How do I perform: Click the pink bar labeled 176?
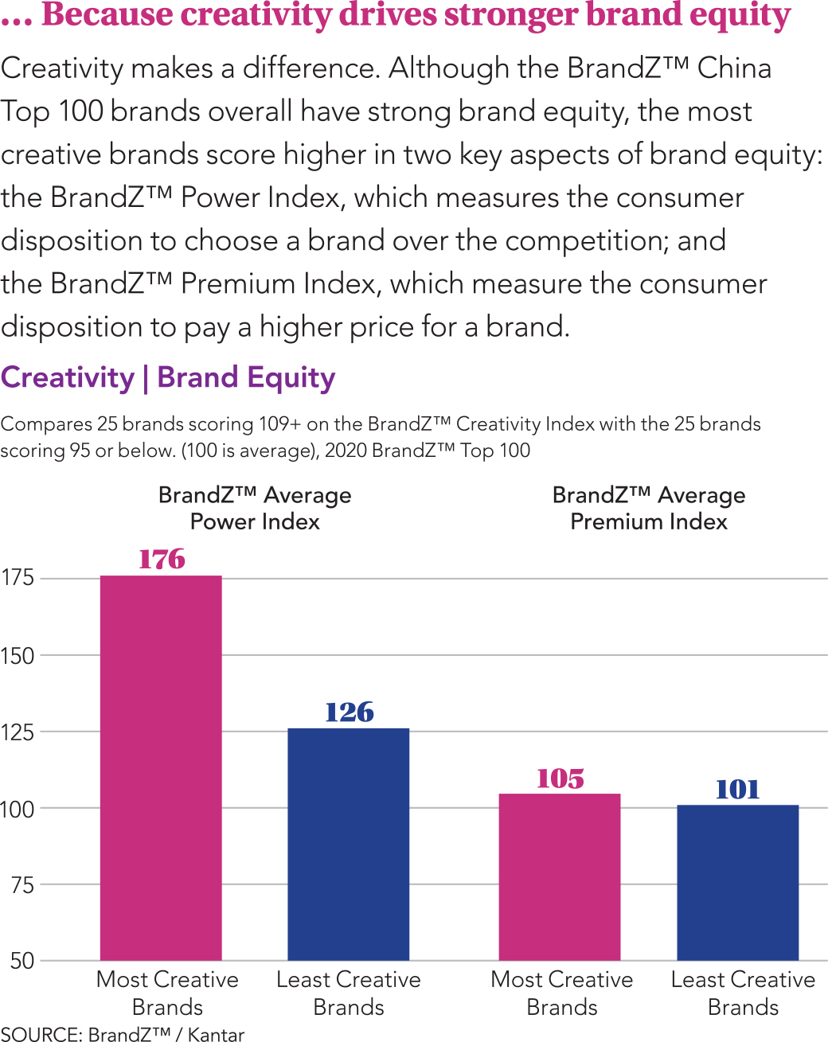[161, 767]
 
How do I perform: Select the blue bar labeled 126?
[348, 844]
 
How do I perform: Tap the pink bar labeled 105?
[559, 876]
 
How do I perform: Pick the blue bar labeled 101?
[737, 882]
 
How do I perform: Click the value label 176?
[162, 559]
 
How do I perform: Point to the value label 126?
[350, 712]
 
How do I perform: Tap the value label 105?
[561, 778]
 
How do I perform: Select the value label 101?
[738, 789]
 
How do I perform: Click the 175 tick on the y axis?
[18, 578]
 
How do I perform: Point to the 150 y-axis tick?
[18, 656]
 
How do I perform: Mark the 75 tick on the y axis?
[22, 884]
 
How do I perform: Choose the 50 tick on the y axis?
[22, 961]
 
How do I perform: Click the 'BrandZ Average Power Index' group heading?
[255, 508]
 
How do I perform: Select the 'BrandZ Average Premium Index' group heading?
[649, 508]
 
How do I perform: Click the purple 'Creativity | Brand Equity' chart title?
[168, 377]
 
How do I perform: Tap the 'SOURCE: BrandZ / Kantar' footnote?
[123, 1034]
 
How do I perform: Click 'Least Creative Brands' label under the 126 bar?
[349, 993]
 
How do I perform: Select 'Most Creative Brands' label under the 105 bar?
[562, 993]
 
